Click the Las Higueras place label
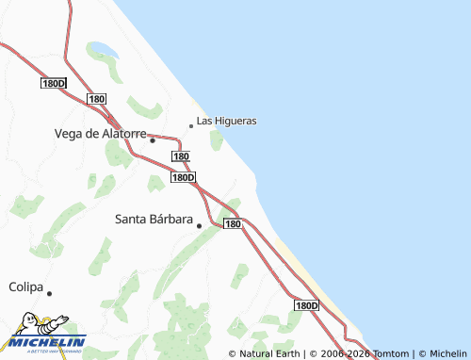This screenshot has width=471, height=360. click(x=227, y=121)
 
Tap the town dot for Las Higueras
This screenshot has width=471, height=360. click(x=191, y=125)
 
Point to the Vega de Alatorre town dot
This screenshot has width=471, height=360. click(x=152, y=140)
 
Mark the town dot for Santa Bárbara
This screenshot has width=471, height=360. click(x=199, y=226)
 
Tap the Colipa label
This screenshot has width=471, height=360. click(x=26, y=286)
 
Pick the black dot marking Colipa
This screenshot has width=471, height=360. click(x=49, y=293)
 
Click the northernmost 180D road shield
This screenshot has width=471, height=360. click(x=54, y=84)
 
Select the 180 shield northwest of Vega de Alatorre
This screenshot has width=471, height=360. click(x=97, y=99)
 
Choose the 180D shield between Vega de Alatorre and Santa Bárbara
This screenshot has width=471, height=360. click(x=184, y=177)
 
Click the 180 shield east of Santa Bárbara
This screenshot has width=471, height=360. click(x=234, y=224)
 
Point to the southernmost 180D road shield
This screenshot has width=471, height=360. click(x=306, y=306)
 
